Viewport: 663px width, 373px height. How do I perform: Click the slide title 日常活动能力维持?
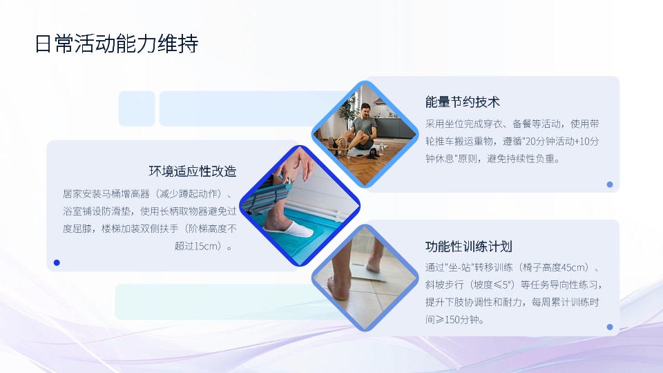116,44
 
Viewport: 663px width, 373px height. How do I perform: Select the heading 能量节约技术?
463,102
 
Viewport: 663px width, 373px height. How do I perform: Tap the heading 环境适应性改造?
193,171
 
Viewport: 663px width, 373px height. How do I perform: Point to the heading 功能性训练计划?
469,246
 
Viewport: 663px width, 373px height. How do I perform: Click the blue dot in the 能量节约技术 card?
610,184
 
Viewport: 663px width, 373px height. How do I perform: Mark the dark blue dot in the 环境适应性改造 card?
57,262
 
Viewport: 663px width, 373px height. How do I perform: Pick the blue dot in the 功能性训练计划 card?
610,327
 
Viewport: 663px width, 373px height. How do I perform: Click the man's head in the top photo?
365,111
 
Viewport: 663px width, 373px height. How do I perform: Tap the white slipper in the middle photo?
291,229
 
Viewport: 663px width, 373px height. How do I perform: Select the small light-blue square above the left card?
137,108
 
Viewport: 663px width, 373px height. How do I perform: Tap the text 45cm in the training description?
575,267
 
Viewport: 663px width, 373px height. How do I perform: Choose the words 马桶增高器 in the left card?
126,193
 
